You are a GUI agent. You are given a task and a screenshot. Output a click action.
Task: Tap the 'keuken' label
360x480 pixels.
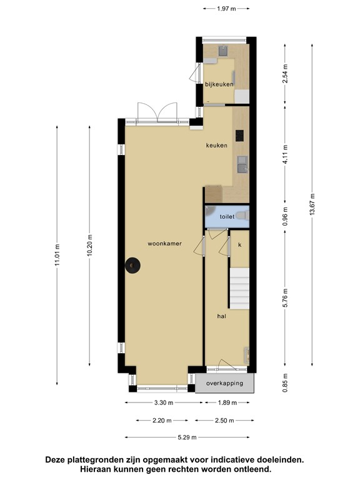pyautogui.click(x=217, y=146)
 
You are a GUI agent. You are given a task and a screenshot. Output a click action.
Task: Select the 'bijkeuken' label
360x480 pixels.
pyautogui.click(x=219, y=84)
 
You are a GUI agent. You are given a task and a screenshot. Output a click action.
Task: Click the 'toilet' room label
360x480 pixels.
pyautogui.click(x=226, y=217)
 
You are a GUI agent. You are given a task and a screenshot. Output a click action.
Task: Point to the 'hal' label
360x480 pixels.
pyautogui.click(x=221, y=316)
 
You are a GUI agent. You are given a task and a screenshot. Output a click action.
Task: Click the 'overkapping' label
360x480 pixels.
pyautogui.click(x=224, y=383)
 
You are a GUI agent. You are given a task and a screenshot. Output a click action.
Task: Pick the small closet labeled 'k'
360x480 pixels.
pyautogui.click(x=239, y=245)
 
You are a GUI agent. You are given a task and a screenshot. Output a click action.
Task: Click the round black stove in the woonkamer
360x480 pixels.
pyautogui.click(x=132, y=266)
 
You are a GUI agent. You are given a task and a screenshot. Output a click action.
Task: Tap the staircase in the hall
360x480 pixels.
pyautogui.click(x=240, y=286)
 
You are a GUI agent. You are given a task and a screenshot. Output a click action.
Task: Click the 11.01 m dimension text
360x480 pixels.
pyautogui.click(x=57, y=255)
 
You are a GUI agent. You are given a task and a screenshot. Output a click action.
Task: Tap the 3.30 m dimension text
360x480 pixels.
pyautogui.click(x=159, y=402)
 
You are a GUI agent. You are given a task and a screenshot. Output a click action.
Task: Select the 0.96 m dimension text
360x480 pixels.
pyautogui.click(x=285, y=215)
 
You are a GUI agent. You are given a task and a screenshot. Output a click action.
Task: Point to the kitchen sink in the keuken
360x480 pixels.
pyautogui.click(x=241, y=165)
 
